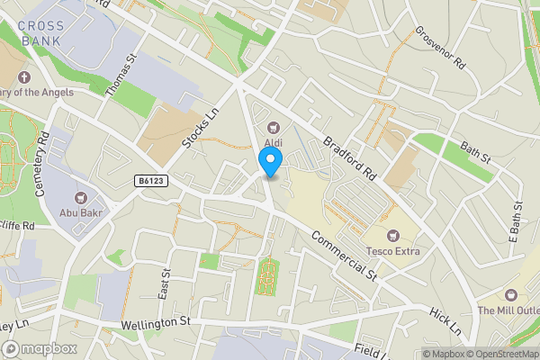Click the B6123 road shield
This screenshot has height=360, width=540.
pos(151,181)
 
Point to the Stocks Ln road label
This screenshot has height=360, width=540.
pos(201,130)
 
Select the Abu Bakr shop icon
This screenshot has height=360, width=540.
pos(79,197)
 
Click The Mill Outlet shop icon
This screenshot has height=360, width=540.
pos(511,295)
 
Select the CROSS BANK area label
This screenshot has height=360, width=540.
pos(40,32)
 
